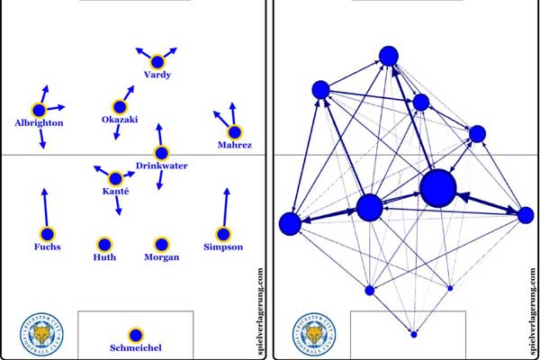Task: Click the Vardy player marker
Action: pos(157,62)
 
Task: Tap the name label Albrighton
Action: pos(39,122)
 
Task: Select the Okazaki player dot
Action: pos(120,106)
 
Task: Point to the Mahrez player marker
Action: pos(234,131)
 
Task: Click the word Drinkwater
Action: pos(162,166)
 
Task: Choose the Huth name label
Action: pos(104,257)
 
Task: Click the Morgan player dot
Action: pos(161,243)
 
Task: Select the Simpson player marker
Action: pos(223,234)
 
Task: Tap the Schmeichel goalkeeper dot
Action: pos(135,333)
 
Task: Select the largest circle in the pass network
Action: pos(438,189)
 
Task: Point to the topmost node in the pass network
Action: pos(389,56)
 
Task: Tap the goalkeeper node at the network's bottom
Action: pos(414,334)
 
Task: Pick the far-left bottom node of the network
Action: pos(290,224)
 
